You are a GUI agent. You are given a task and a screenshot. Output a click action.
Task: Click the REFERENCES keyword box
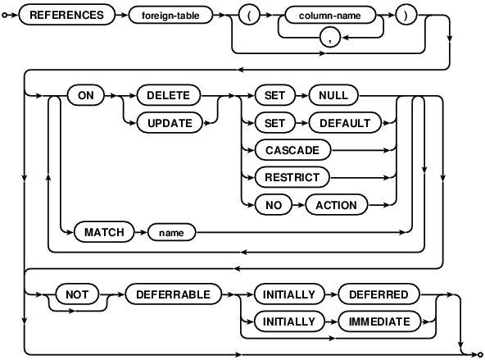(66, 14)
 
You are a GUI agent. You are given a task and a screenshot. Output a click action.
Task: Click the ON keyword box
(84, 94)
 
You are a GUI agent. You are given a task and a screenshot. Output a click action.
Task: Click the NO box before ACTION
(268, 205)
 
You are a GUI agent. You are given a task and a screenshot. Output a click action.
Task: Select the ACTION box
(336, 205)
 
